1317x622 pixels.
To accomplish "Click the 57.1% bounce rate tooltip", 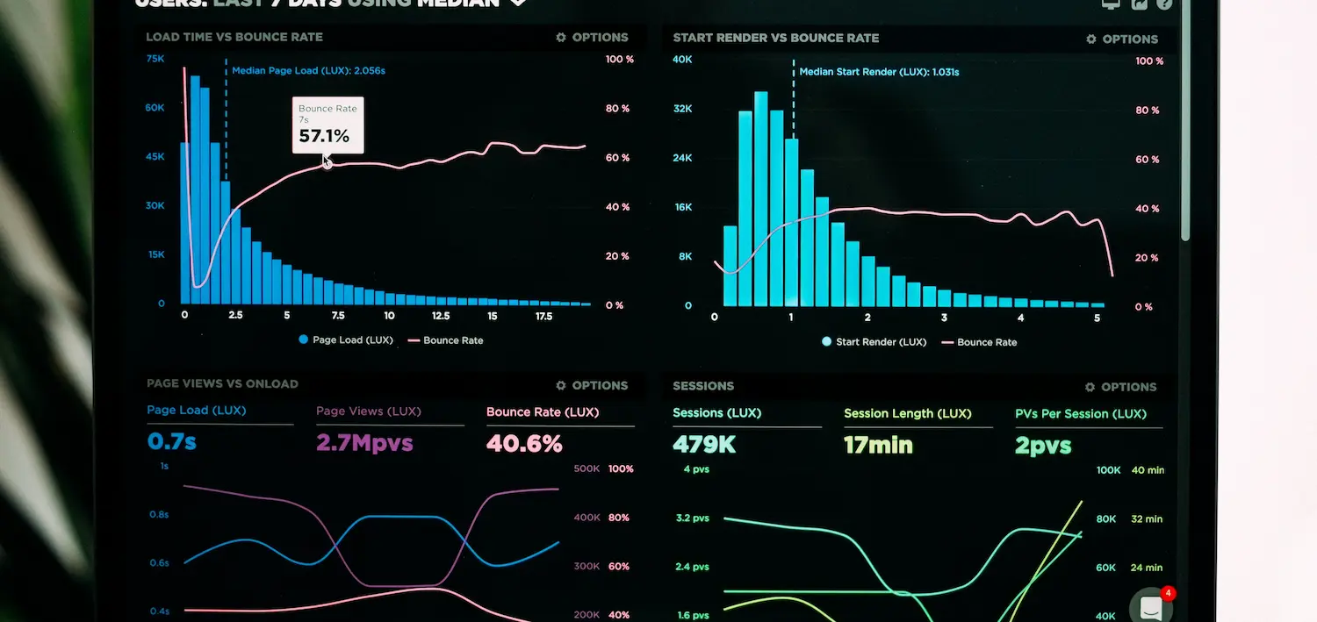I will (x=327, y=125).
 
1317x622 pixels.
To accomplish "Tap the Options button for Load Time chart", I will (x=592, y=38).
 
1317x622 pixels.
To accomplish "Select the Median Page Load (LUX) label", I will (x=308, y=70).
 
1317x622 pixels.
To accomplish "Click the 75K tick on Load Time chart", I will (x=155, y=59).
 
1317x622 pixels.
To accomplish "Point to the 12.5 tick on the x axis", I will (x=441, y=316).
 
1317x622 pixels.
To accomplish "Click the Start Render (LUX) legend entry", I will (x=874, y=342).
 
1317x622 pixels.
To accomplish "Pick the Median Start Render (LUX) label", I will (x=879, y=72).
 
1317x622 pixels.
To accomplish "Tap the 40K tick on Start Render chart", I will (x=682, y=60).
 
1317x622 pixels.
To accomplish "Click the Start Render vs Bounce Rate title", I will (x=775, y=38).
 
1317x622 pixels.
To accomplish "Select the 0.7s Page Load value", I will (x=172, y=441).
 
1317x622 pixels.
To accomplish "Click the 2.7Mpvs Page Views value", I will (x=364, y=442).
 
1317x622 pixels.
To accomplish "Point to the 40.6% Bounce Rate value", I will (x=524, y=443).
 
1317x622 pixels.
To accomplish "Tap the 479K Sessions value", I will (x=704, y=444).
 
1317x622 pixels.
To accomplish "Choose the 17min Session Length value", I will (x=878, y=445).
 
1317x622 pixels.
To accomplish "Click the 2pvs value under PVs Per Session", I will (x=1043, y=446).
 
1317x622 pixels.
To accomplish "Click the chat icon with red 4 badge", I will (x=1151, y=606).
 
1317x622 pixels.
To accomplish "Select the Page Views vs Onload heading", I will (x=222, y=383).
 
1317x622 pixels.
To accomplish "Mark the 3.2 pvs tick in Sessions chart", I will (x=693, y=518).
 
